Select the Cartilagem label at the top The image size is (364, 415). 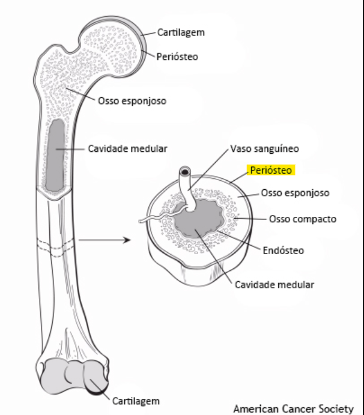point(181,32)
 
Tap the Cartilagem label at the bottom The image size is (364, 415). point(136,401)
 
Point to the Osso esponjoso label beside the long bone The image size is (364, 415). point(132,100)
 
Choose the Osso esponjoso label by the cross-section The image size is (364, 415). point(294,193)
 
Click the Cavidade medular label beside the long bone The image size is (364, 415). point(127,148)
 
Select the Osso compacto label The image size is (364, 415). point(302,219)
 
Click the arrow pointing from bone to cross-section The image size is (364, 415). point(105,240)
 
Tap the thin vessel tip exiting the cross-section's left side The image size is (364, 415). point(142,221)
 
